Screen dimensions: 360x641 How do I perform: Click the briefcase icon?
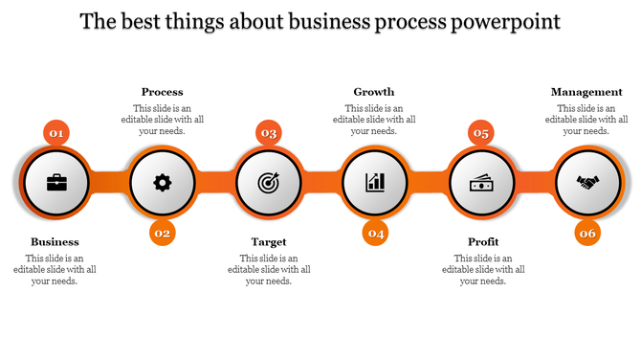tap(55, 182)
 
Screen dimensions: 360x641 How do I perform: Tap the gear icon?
tap(163, 182)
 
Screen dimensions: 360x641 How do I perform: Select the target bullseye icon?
tap(269, 182)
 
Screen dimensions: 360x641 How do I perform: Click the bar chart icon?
tap(375, 182)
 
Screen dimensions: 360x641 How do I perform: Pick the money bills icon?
tap(481, 182)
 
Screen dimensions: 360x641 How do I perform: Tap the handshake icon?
tap(587, 182)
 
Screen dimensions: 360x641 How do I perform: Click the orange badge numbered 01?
tap(56, 133)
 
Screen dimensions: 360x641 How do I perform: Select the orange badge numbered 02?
tap(163, 233)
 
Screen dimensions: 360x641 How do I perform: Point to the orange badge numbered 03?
tap(269, 133)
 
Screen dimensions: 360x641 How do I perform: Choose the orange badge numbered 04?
tap(376, 233)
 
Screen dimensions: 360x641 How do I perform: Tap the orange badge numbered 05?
tap(481, 133)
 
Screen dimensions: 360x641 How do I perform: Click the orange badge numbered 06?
tap(587, 233)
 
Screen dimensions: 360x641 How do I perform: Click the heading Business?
tap(55, 242)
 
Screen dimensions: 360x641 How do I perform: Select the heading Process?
tap(162, 93)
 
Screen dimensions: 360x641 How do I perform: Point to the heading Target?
tap(269, 242)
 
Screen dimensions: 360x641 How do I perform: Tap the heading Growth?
tap(374, 93)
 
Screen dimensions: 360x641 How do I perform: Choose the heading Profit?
tap(483, 242)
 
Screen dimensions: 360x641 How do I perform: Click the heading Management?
tap(587, 93)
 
